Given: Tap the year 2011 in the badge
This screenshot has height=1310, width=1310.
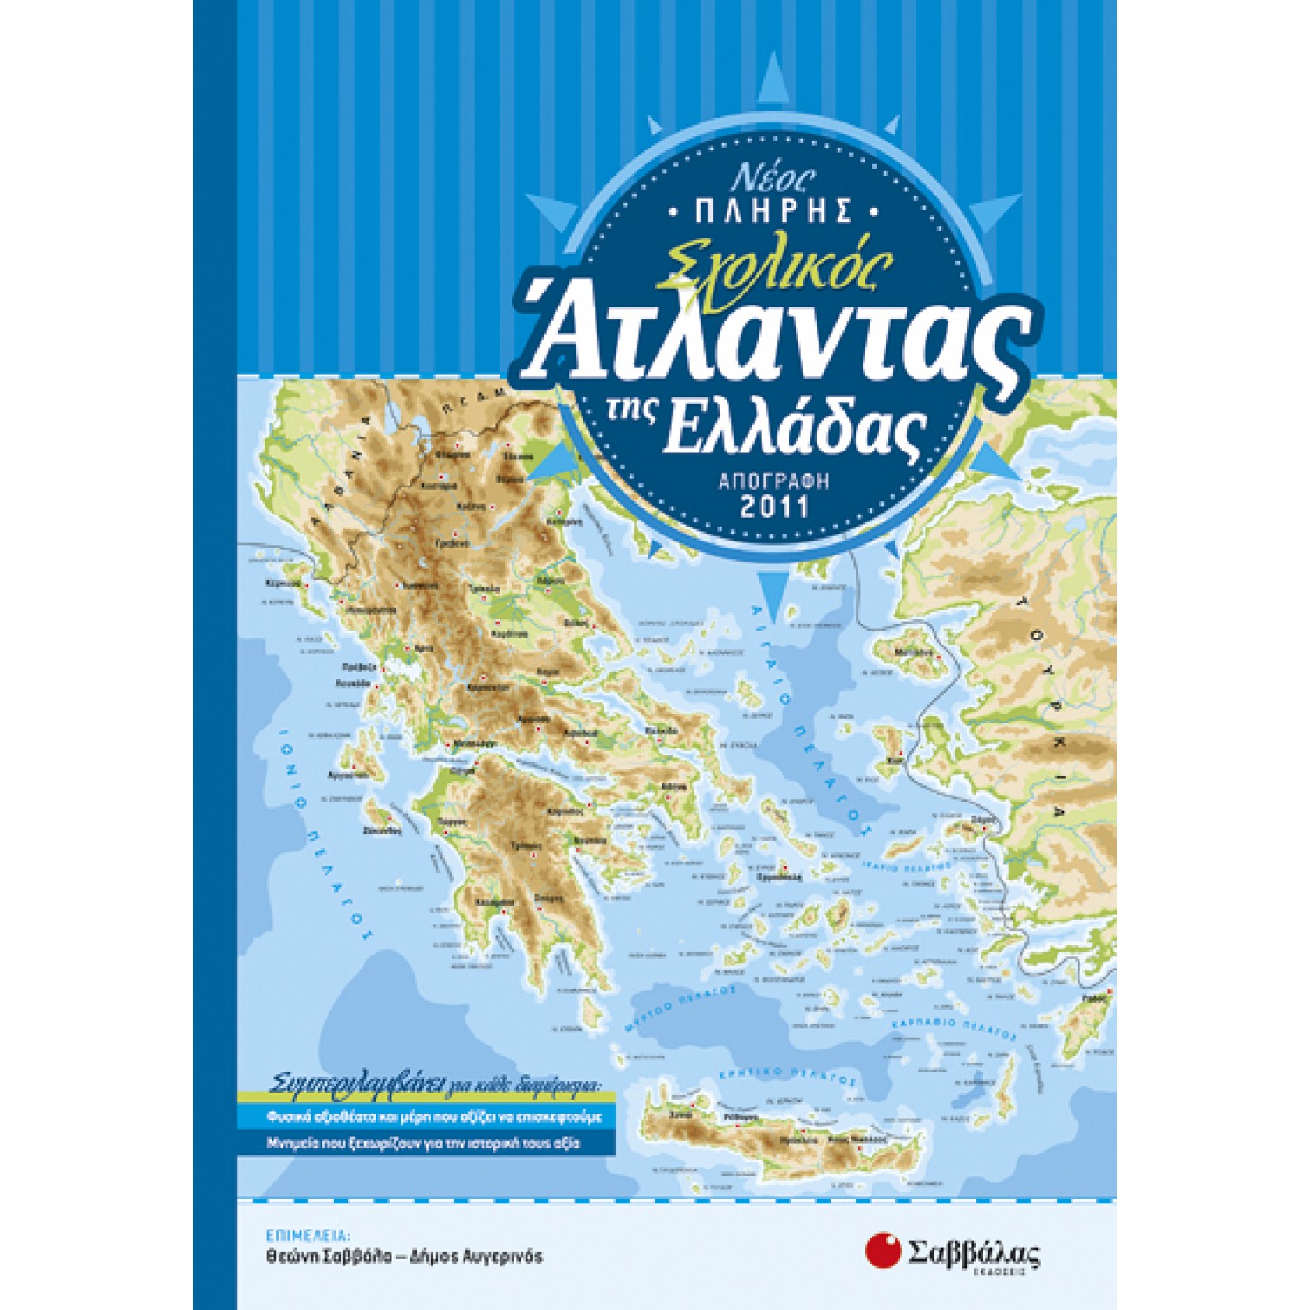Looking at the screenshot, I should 775,507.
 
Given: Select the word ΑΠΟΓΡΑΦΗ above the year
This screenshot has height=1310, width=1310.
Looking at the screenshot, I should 775,480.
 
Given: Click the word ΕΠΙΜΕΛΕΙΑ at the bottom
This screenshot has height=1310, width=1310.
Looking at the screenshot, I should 307,1236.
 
